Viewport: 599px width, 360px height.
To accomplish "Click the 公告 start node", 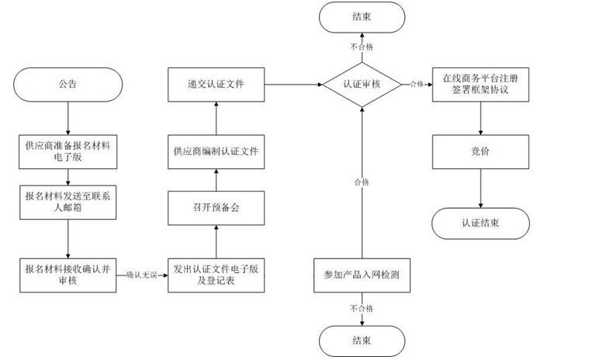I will click(68, 85).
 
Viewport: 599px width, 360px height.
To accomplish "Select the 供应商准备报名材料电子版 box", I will click(68, 152).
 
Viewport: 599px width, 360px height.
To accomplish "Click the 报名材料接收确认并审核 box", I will click(68, 274).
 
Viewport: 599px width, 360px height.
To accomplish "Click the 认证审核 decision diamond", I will click(362, 85).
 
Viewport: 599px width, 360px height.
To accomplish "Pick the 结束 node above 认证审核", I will click(362, 18).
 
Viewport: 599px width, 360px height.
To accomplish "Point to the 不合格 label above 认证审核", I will click(362, 47).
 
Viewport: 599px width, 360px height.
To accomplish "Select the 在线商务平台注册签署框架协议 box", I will click(481, 84).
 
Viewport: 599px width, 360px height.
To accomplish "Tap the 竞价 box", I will click(481, 152).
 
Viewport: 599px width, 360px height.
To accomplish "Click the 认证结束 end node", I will click(481, 223).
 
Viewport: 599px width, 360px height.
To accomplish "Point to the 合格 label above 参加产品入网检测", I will click(362, 182).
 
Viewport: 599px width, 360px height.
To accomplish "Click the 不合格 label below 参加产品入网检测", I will click(362, 308).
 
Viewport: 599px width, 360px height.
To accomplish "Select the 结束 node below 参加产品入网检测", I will click(362, 341).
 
